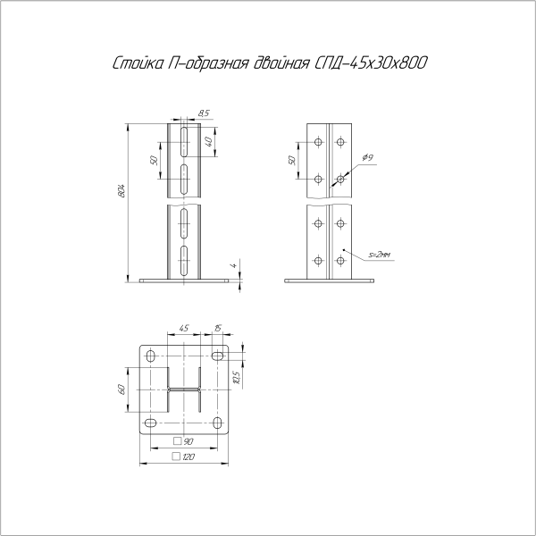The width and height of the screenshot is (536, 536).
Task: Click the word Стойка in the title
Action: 138,63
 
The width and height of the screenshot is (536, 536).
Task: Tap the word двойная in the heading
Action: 281,63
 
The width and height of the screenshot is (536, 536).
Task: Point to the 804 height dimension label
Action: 122,191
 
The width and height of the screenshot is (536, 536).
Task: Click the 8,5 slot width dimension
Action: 204,113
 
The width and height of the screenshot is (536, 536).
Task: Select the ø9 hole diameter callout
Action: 368,157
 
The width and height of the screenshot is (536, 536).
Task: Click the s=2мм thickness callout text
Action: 379,255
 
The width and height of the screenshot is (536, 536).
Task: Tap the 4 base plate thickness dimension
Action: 234,265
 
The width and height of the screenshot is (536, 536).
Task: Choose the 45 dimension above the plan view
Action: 183,328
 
